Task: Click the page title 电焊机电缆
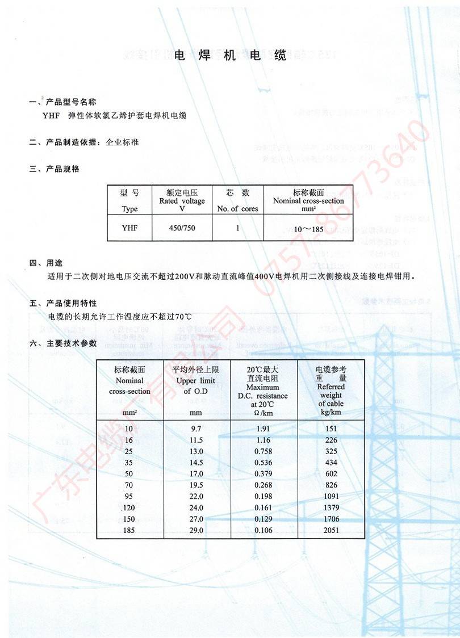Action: pos(230,55)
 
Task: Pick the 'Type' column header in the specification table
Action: pos(129,208)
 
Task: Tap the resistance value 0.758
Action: pos(264,451)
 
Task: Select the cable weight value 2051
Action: pos(331,530)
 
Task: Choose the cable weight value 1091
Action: pos(331,496)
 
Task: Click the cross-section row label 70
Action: pos(129,485)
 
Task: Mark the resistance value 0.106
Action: pos(264,530)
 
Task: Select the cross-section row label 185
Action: pos(129,530)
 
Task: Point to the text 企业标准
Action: pos(122,142)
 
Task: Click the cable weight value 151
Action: pos(331,429)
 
